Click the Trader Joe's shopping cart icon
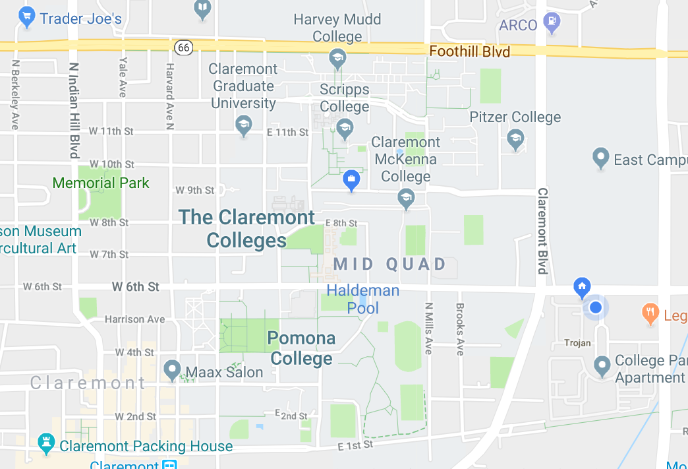(x=27, y=17)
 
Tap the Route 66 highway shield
(x=184, y=47)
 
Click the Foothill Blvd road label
(x=469, y=51)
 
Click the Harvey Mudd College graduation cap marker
(x=337, y=58)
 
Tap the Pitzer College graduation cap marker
(x=515, y=139)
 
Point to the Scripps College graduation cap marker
(x=344, y=128)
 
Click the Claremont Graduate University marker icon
(x=244, y=125)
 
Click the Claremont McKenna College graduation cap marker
(x=406, y=198)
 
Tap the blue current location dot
(x=596, y=307)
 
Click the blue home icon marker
(x=581, y=287)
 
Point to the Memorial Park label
(x=101, y=183)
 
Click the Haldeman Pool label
(x=363, y=299)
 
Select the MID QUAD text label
(x=390, y=265)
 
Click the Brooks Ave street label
(x=460, y=329)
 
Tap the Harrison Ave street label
(x=135, y=319)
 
